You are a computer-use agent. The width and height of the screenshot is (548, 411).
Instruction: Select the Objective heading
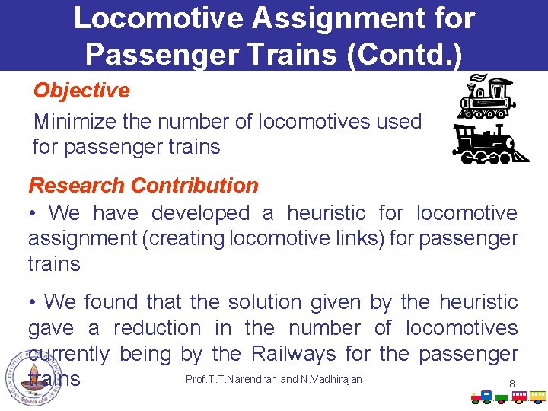[81, 90]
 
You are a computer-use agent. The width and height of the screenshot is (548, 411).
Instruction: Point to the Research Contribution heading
[143, 185]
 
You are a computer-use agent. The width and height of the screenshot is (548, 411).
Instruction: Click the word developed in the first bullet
[201, 213]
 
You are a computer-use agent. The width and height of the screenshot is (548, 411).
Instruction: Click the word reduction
[158, 328]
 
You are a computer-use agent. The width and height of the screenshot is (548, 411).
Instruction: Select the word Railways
[294, 354]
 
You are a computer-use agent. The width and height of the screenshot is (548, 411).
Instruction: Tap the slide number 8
[511, 383]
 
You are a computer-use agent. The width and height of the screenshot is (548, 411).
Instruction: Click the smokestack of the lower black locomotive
[461, 130]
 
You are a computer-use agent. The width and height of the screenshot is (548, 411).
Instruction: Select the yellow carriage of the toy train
[538, 396]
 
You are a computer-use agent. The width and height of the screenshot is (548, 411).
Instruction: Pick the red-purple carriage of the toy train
[519, 396]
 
